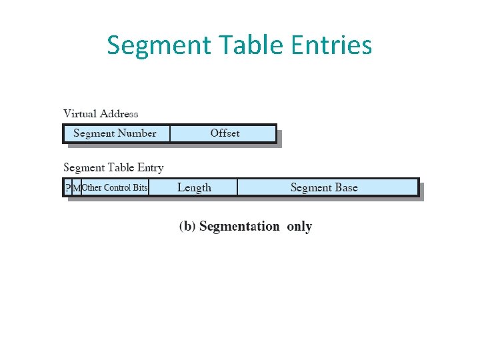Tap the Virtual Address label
101,113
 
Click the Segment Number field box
115,133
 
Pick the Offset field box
224,133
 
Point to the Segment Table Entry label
113,167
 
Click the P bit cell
67,188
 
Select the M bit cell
76,188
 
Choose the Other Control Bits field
115,188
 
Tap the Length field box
194,188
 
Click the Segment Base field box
325,188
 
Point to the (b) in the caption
187,227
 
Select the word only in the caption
299,227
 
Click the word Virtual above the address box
79,113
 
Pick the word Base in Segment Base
346,188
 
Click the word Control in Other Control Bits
117,188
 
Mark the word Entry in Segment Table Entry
150,168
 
